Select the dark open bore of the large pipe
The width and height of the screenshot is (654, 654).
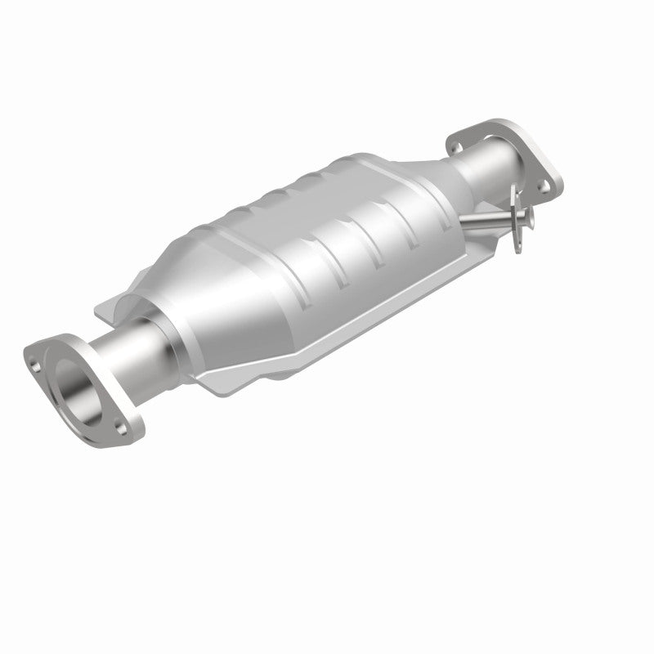pos(79,392)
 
